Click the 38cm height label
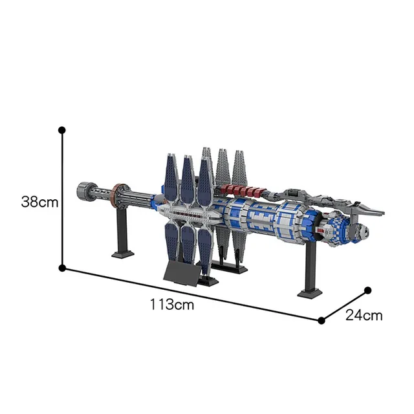click(39, 202)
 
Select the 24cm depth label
click(364, 316)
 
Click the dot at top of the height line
click(62, 130)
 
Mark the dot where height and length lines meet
click(62, 267)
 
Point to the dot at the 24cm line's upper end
click(367, 290)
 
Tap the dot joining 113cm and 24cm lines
click(321, 320)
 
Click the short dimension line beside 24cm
click(344, 305)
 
